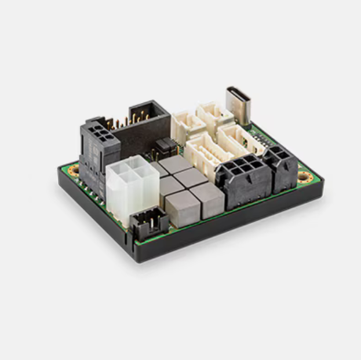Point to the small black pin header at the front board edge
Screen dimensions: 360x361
click(149, 223)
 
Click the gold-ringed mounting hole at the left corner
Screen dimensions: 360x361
click(74, 170)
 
